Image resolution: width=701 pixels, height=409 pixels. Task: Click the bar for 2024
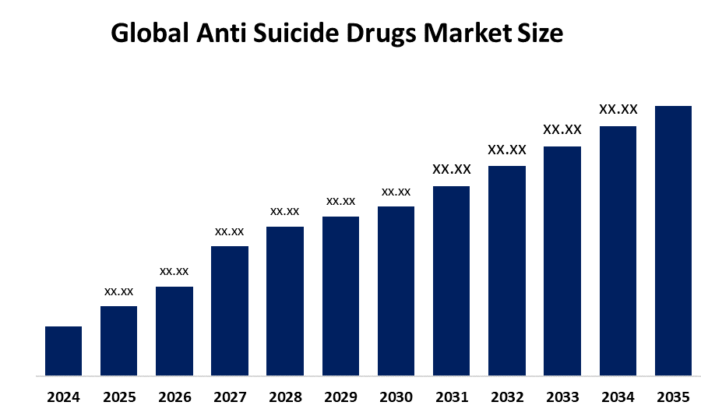coord(63,351)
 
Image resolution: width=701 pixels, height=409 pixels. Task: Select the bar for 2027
coord(230,310)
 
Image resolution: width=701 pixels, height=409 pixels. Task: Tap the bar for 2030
coord(396,291)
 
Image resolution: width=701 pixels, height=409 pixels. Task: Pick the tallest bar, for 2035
coord(673,240)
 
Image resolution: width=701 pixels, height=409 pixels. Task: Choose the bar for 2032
coord(507,270)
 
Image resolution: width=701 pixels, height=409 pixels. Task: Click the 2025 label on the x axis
coord(118,397)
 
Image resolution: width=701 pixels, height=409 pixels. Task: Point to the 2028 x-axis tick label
coord(285,397)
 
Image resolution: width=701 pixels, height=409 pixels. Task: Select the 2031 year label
coord(452,397)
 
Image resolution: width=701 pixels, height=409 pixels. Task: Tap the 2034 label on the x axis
coord(618,397)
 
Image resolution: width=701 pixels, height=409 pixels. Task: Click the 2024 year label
coord(63,397)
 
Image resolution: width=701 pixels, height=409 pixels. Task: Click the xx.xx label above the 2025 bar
coord(118,291)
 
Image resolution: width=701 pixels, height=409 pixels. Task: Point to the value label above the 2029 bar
coord(340,201)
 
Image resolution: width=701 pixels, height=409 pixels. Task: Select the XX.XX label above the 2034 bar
coord(618,109)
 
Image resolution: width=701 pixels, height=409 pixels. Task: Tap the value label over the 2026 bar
coord(174,271)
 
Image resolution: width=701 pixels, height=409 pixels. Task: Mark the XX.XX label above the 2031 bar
coord(452,169)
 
